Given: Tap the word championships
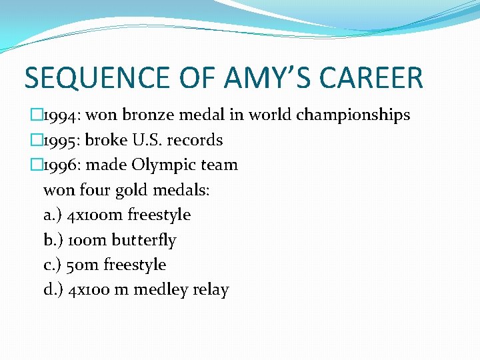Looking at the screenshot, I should pyautogui.click(x=353, y=115).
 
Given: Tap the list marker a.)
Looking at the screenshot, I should pyautogui.click(x=53, y=215).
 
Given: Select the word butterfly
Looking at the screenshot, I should pyautogui.click(x=145, y=240).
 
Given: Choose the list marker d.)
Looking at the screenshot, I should pyautogui.click(x=53, y=290).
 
